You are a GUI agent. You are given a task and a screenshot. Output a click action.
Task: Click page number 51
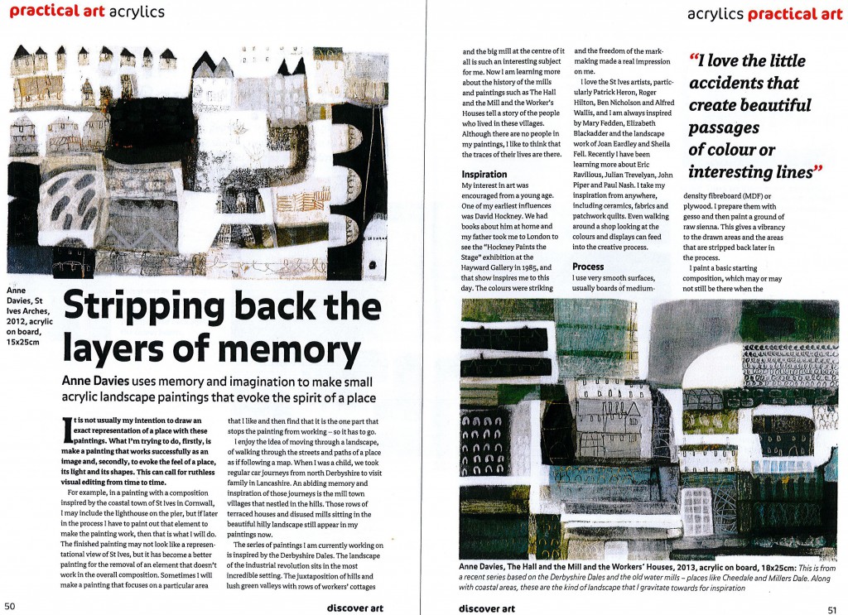pyautogui.click(x=836, y=607)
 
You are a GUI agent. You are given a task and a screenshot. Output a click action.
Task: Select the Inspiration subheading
pyautogui.click(x=484, y=175)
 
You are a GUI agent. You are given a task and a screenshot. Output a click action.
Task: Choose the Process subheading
pyautogui.click(x=589, y=267)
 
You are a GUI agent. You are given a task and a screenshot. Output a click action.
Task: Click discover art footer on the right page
pyautogui.click(x=488, y=608)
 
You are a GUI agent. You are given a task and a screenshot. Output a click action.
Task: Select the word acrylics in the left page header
pyautogui.click(x=137, y=12)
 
